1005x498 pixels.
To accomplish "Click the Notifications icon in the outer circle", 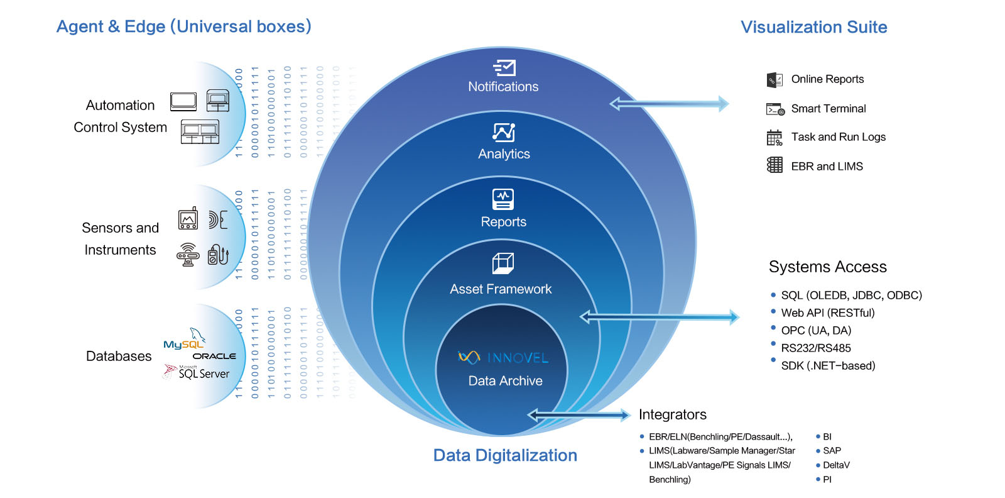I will [504, 67].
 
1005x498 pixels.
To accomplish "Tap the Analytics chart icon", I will [504, 133].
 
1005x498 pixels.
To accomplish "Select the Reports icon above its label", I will [503, 199].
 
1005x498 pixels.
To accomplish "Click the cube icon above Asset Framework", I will [503, 263].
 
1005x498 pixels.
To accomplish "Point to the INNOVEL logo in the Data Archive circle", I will [503, 358].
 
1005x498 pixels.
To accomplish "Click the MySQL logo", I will [184, 340].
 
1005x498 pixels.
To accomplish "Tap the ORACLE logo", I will [214, 356].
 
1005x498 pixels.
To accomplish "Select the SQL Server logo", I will [197, 372].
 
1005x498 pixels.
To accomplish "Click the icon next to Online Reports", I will [774, 80].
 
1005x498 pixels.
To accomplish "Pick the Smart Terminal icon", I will [775, 109].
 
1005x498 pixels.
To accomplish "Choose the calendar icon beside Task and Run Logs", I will [774, 138].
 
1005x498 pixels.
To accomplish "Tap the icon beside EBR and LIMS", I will [774, 165].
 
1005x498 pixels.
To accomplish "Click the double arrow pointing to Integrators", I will [579, 414].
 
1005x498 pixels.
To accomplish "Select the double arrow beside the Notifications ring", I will [669, 104].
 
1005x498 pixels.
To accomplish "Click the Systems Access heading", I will [827, 267].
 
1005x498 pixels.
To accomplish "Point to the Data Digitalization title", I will [505, 455].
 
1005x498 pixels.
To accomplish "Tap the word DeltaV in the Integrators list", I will [836, 465].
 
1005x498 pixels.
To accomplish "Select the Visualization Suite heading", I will [813, 27].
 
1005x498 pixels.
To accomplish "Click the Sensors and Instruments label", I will [120, 239].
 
